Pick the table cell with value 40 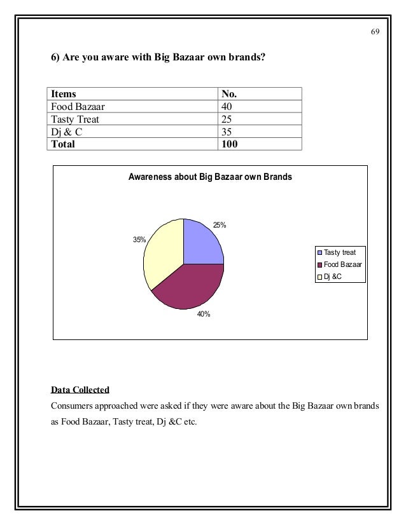point(226,107)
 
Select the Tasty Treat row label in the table point(75,119)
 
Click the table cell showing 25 point(226,119)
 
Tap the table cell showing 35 point(226,132)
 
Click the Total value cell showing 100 point(229,144)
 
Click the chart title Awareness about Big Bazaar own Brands point(210,177)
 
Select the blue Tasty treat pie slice point(200,245)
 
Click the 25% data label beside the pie point(220,225)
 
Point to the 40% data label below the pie point(204,314)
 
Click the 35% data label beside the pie point(139,240)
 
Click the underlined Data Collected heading point(80,389)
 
